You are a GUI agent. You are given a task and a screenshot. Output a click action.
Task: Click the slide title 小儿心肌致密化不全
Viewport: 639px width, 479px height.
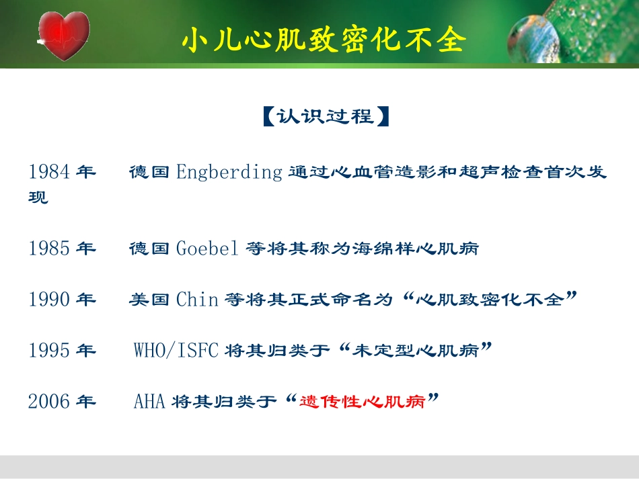point(324,40)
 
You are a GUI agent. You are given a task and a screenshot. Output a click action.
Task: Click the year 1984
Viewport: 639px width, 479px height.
point(49,172)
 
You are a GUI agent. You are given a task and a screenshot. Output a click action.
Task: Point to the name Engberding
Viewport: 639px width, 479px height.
point(229,172)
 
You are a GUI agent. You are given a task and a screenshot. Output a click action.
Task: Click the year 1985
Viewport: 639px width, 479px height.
point(49,249)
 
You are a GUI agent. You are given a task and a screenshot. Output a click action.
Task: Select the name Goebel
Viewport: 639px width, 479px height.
point(207,249)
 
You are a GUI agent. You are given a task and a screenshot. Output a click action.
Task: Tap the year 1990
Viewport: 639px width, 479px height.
point(49,299)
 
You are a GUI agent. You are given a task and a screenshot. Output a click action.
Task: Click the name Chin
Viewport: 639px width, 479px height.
point(197,299)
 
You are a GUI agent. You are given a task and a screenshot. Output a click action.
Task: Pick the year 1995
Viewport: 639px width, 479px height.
point(49,350)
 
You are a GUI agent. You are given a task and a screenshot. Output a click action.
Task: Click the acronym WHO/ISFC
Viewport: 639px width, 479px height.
point(176,350)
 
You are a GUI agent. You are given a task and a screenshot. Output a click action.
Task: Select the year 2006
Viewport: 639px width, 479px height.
point(49,402)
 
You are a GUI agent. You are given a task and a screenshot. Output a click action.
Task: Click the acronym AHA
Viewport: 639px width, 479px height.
point(149,402)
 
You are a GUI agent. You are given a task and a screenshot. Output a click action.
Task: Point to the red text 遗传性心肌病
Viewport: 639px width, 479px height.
point(363,402)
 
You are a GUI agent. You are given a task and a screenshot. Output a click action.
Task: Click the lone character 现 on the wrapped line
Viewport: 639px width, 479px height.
point(38,198)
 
